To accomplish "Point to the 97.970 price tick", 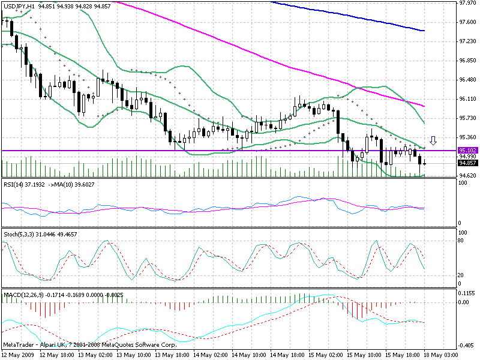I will [467, 3].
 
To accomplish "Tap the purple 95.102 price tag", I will [467, 150].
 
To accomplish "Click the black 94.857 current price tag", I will [467, 163].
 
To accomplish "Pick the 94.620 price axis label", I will [467, 175].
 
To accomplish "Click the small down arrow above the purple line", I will [433, 142].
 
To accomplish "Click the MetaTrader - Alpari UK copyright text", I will [89, 346].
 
